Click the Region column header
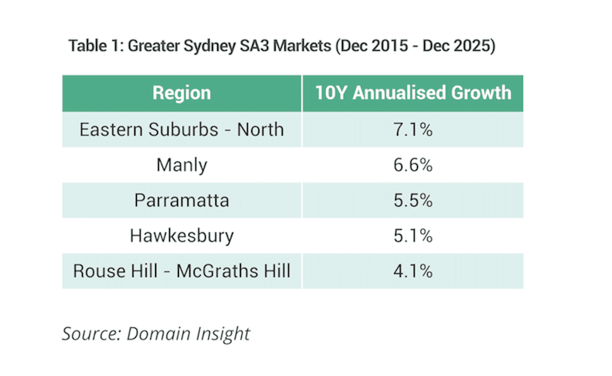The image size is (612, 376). (x=181, y=93)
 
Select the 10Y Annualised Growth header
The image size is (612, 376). (x=413, y=93)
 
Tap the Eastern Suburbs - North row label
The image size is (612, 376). (x=181, y=129)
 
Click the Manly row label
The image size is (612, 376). (x=181, y=165)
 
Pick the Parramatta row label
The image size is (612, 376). (x=181, y=200)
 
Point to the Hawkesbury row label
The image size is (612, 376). (x=181, y=236)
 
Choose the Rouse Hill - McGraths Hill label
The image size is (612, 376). (x=181, y=271)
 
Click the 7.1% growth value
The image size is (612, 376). (x=413, y=129)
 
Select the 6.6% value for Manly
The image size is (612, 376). (x=413, y=165)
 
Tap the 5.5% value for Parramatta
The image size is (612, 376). (x=413, y=200)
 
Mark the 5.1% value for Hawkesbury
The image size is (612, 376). (x=413, y=236)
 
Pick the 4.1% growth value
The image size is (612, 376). (x=413, y=271)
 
